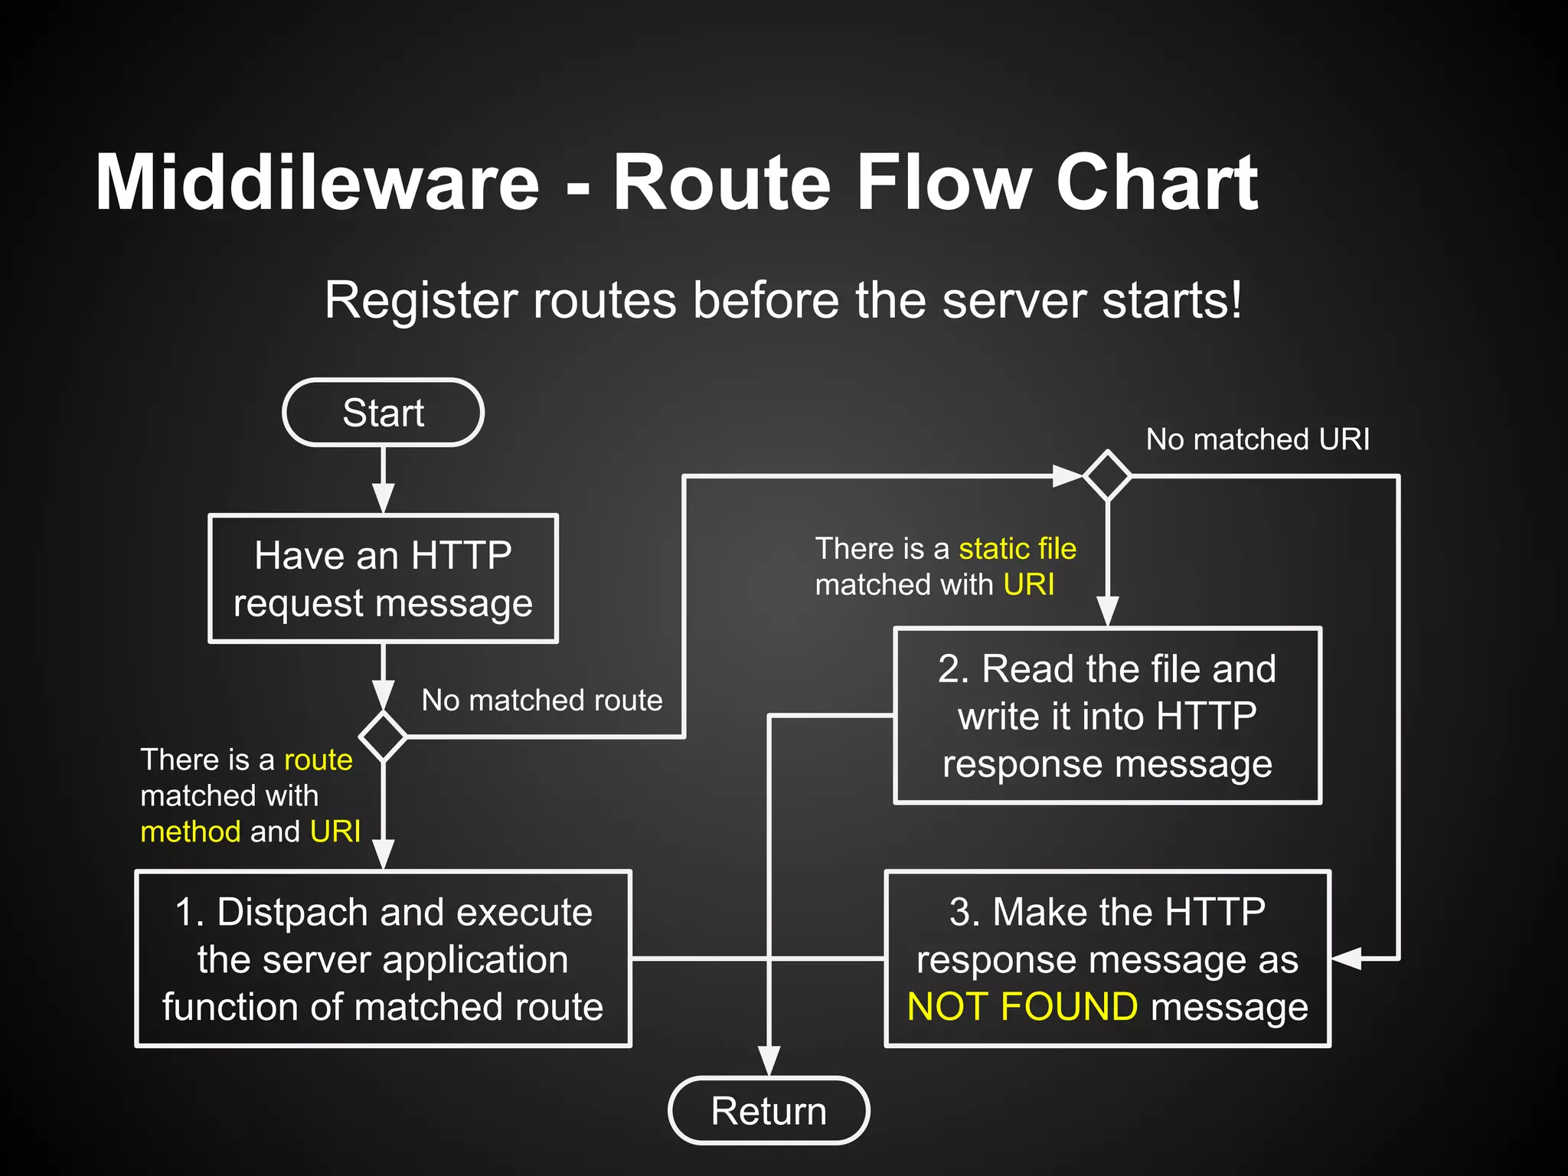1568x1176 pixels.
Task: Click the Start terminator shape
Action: [383, 413]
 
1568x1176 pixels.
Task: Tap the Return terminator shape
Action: [769, 1110]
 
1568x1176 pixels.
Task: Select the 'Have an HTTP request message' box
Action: [383, 579]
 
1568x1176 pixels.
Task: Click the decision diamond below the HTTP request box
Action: [383, 737]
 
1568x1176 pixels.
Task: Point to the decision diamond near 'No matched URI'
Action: [1107, 476]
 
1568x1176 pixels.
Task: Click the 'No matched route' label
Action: [541, 700]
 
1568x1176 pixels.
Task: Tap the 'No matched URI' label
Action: [1257, 439]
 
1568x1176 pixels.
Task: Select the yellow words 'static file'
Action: [1017, 548]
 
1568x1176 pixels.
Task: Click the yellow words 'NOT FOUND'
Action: [1022, 1006]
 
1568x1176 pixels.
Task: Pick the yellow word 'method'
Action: [191, 831]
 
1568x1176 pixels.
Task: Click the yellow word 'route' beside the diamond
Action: [318, 759]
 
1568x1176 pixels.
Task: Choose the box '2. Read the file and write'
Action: [1107, 716]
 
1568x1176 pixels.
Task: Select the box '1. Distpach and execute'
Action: [383, 959]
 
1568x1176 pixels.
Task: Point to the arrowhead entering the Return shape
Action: [769, 1061]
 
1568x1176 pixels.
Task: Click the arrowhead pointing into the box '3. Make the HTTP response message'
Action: [1346, 958]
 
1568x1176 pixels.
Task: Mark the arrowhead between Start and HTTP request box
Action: [383, 498]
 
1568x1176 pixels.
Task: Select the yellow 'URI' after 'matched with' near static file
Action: [1028, 584]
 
